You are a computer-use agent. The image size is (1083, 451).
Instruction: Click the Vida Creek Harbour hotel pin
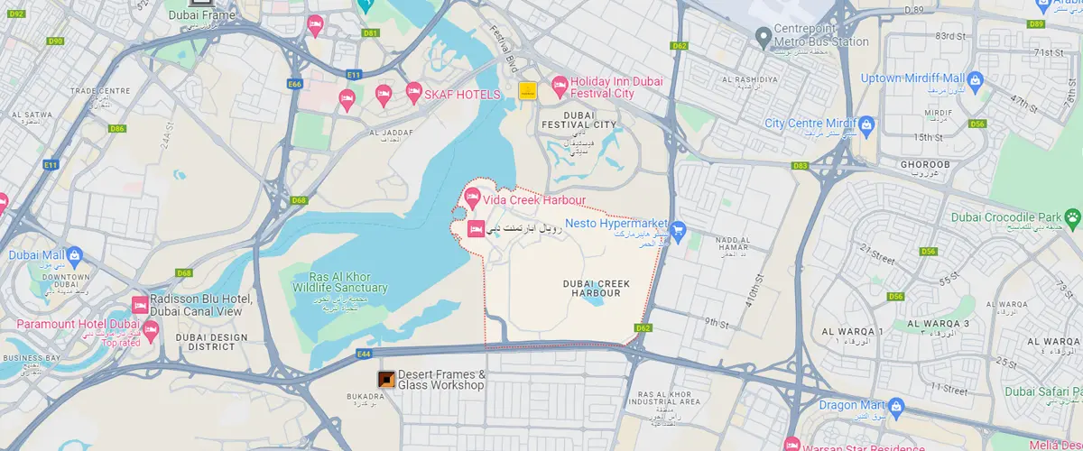[x=471, y=197]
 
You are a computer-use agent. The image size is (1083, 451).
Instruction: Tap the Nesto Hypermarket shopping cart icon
[x=678, y=232]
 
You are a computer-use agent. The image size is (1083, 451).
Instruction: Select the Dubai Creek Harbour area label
[x=596, y=288]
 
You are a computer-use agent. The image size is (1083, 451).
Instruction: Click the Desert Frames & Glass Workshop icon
[x=385, y=380]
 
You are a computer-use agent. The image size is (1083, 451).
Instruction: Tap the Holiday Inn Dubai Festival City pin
[x=560, y=87]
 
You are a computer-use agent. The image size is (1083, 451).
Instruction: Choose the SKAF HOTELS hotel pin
[x=414, y=91]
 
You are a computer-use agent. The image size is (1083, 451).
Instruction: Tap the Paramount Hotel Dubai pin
[x=151, y=330]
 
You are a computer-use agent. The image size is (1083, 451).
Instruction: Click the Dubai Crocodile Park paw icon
[x=1071, y=217]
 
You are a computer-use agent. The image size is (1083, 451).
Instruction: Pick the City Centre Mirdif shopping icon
[x=865, y=123]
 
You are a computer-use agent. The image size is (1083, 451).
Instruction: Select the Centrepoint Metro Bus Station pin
[x=764, y=35]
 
